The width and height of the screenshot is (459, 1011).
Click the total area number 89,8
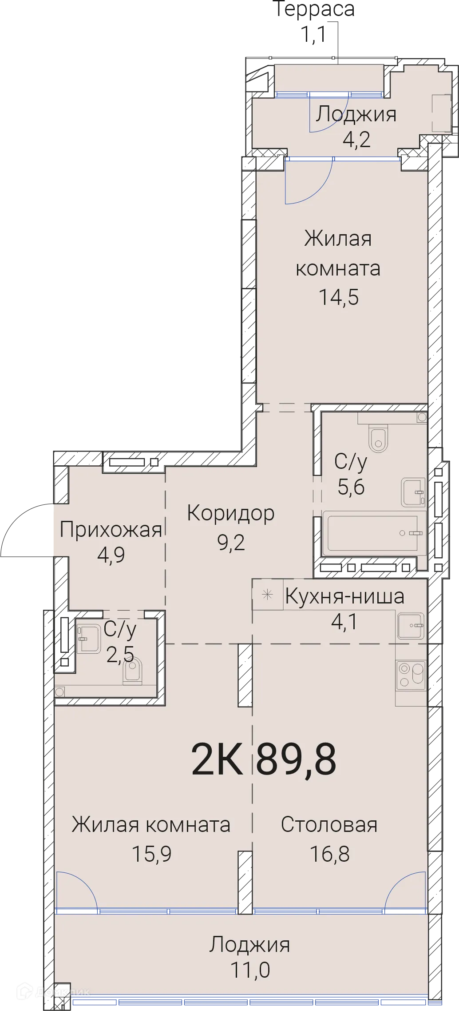coord(296,759)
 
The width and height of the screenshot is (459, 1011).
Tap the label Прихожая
coord(111,530)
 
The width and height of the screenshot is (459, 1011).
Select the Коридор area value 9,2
coord(231,543)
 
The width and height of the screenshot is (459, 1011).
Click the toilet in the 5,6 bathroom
coord(378,439)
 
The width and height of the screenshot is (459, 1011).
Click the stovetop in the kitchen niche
coord(411,675)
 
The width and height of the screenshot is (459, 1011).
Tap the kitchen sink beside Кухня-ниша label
coord(411,626)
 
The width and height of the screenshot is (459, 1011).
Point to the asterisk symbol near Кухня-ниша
coord(267,595)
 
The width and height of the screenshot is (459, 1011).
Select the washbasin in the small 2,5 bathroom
coord(88,639)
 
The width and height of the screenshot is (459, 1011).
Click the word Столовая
coord(329,825)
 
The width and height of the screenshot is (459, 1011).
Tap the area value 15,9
coord(152,854)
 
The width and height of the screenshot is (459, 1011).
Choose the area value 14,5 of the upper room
coord(338,297)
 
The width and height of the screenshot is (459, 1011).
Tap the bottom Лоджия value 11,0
coord(250,970)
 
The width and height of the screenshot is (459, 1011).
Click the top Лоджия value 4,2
coord(356,139)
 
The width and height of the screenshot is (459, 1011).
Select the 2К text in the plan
coord(217,759)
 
